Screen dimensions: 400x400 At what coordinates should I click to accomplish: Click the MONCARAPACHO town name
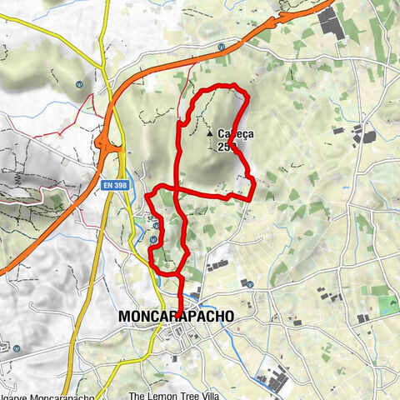coord(176,317)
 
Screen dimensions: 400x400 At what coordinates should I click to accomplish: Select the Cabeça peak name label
coord(235,132)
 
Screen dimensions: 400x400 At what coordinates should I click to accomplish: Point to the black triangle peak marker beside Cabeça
coord(208,132)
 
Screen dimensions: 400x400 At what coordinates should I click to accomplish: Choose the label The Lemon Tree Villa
coord(174,373)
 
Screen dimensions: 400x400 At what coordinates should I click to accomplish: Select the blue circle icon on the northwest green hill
coord(78,83)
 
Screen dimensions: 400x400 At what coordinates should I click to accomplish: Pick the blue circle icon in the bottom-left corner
coord(17,347)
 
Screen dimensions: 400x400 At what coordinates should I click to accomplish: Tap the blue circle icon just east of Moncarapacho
coord(249,284)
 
